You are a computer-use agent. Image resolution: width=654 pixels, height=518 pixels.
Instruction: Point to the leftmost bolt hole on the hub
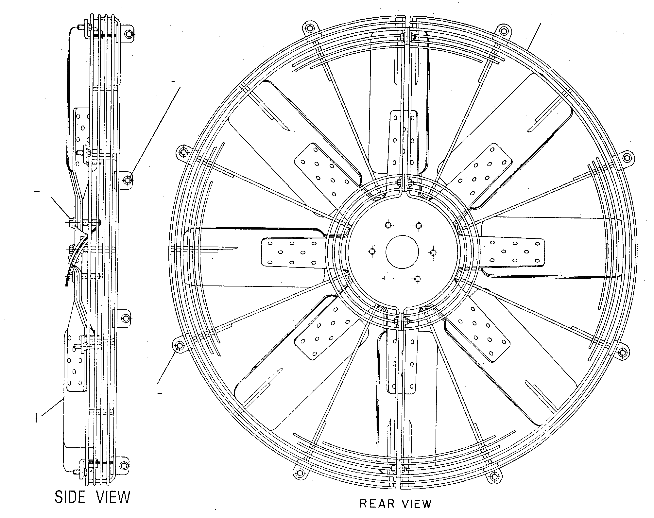[372, 251]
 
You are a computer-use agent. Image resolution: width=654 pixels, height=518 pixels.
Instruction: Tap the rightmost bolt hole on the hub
[433, 252]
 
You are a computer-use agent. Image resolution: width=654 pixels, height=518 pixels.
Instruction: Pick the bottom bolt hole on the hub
[417, 279]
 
